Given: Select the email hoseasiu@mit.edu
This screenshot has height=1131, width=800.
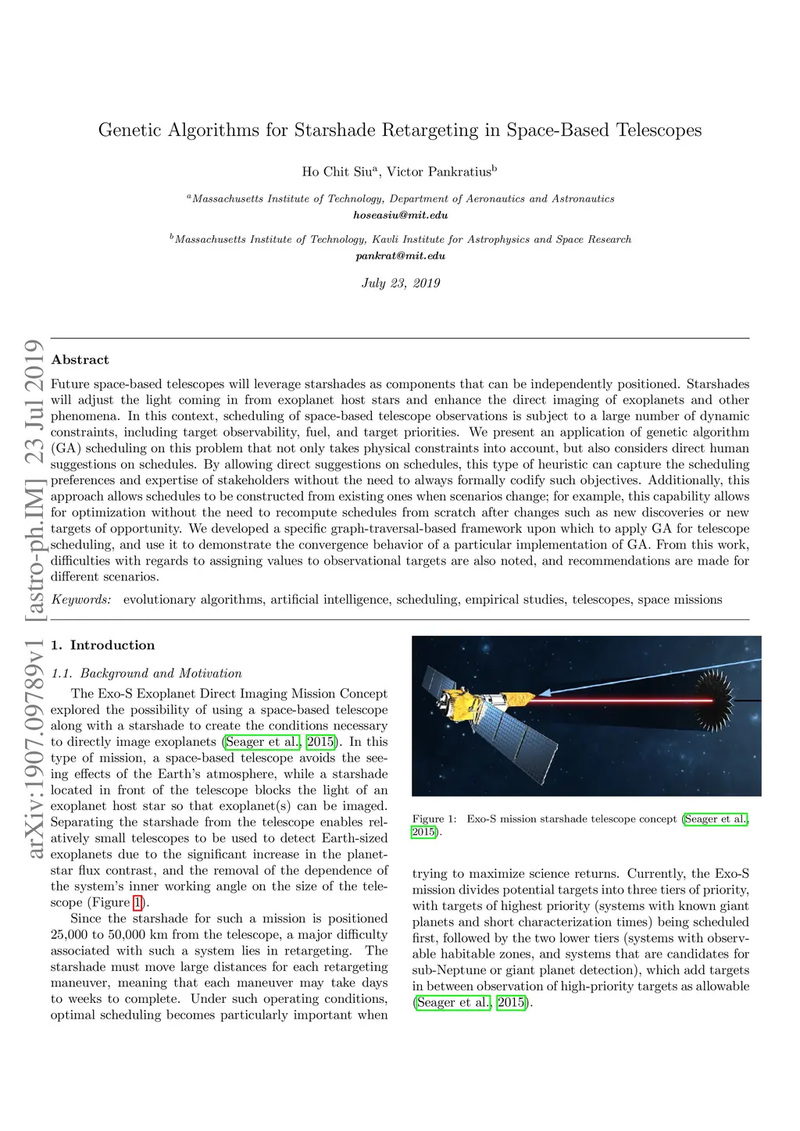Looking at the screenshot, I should point(400,215).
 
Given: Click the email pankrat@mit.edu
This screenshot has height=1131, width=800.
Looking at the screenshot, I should point(400,255).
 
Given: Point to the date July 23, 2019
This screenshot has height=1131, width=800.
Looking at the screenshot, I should point(400,283).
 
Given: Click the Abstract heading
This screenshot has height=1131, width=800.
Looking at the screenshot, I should point(80,360).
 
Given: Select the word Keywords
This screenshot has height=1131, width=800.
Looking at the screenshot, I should point(80,600).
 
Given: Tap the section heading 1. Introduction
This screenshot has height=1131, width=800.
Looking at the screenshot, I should point(102,645).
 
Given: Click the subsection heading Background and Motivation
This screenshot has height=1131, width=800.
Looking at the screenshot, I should point(161,673).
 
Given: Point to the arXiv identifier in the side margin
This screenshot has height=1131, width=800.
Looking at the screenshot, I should point(34,750).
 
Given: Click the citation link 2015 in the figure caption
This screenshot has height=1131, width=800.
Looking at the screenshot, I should point(423,833).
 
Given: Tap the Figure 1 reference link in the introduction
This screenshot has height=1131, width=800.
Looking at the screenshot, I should point(138,903).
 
